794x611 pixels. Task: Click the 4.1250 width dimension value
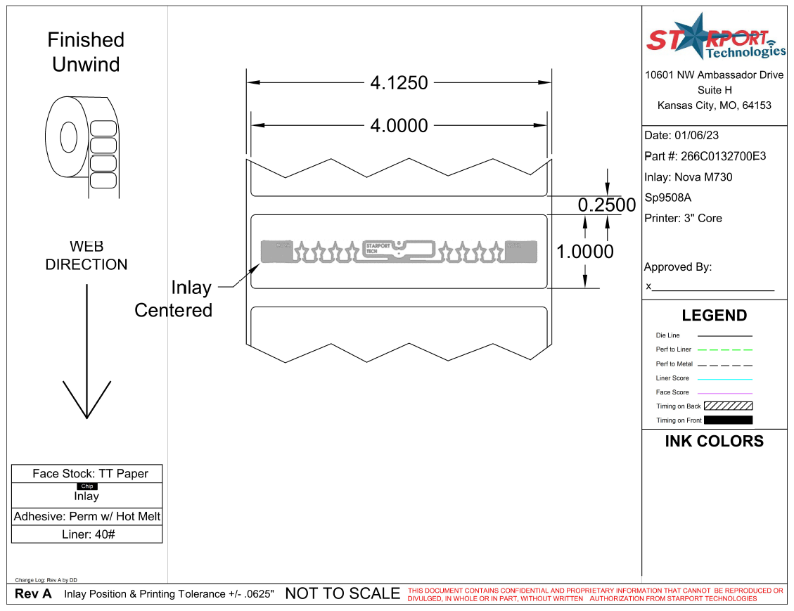399,83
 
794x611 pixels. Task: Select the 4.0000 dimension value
399,126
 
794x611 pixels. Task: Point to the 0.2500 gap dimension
606,205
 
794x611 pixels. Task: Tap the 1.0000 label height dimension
585,252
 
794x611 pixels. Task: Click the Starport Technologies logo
715,39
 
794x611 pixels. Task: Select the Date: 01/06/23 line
681,136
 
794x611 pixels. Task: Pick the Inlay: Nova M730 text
688,177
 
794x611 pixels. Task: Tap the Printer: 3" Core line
683,219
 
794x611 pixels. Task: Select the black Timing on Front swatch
728,420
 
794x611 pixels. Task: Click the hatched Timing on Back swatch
728,406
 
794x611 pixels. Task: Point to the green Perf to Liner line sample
724,349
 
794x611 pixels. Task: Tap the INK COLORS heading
714,442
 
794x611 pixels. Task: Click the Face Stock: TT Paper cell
87,474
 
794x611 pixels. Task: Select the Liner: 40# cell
87,534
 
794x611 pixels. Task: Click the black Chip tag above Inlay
87,487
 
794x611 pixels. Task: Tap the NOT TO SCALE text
342,594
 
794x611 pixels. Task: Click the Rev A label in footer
33,594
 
